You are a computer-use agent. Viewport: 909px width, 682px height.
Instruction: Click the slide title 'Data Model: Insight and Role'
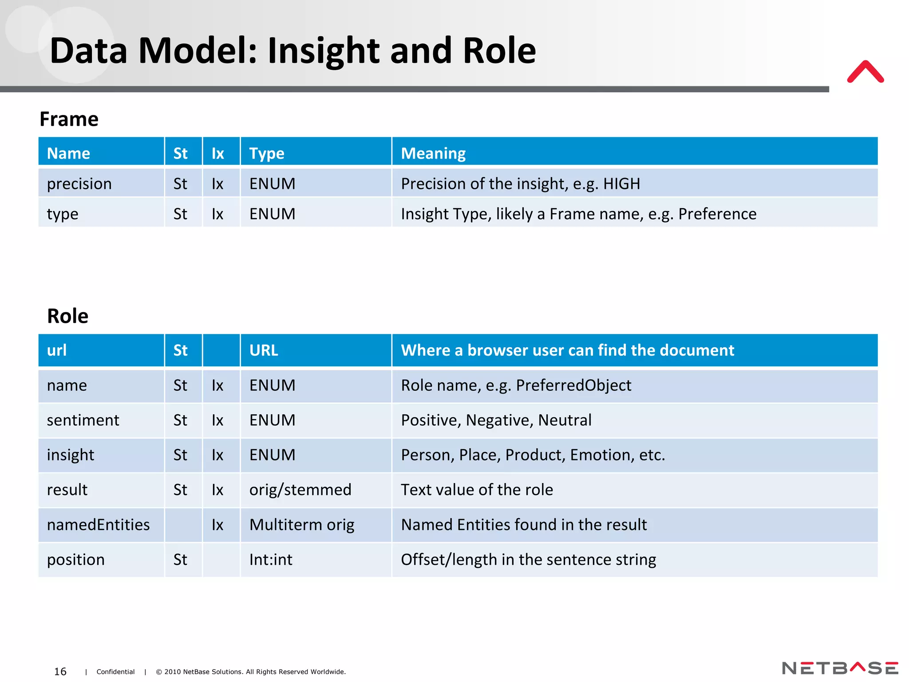[x=293, y=51]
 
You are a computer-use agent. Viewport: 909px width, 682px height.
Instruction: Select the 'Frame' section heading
[x=69, y=119]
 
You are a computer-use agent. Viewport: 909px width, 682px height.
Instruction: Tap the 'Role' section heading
[x=67, y=316]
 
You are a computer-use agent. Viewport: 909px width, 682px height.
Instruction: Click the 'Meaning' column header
[x=433, y=153]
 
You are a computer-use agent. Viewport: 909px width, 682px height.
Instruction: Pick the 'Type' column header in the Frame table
[x=267, y=153]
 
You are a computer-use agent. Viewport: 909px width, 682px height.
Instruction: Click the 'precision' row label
[x=79, y=184]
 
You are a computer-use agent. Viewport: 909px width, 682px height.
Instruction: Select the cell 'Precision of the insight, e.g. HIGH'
[x=520, y=184]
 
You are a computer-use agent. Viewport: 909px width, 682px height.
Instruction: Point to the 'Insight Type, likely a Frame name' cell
[x=578, y=214]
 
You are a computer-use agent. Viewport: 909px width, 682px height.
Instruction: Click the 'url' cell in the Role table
[x=57, y=350]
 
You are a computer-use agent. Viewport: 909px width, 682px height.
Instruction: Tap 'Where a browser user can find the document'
[x=567, y=350]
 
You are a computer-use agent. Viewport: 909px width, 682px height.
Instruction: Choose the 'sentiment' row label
[x=83, y=420]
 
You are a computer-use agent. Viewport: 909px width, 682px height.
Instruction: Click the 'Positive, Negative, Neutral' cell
[x=496, y=420]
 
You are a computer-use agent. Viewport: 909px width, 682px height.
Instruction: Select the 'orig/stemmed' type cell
[x=300, y=490]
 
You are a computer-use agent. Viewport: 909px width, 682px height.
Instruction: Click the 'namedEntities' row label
[x=98, y=525]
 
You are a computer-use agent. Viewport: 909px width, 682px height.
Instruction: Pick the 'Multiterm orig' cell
[x=302, y=525]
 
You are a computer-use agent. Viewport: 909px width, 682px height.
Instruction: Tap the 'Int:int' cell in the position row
[x=271, y=560]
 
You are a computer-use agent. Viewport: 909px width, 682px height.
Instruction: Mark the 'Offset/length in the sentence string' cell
[x=528, y=560]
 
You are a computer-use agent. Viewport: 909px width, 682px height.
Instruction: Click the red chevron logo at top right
[x=865, y=72]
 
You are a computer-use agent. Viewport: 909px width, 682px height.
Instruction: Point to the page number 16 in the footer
[x=60, y=671]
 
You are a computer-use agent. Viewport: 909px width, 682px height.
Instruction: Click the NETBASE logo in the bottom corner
[x=840, y=668]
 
